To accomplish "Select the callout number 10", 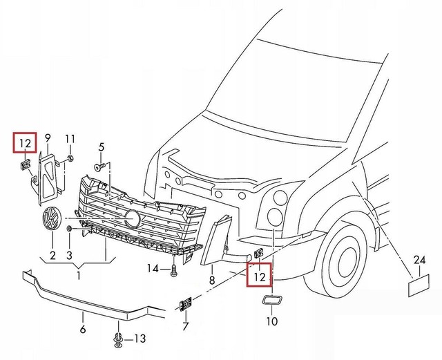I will pos(271,321).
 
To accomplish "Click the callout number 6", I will pos(83,328).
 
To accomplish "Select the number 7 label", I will pos(185,325).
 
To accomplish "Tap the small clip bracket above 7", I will pos(186,304).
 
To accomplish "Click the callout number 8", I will pos(212,280).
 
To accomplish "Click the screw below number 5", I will pos(101,167).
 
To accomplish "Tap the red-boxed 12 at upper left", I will pos(26,143).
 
